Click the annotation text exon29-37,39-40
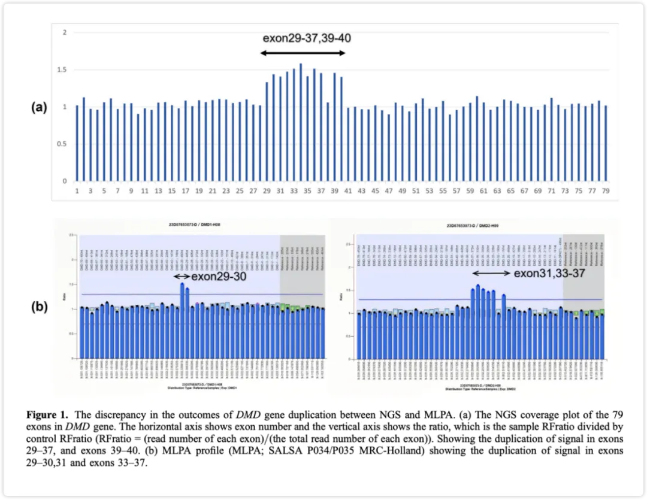[x=307, y=38]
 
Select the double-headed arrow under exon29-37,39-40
[x=303, y=53]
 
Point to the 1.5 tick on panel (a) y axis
[x=62, y=70]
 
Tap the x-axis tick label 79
[x=606, y=191]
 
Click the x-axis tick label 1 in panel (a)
[x=77, y=191]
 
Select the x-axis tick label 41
[x=348, y=191]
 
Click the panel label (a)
[x=39, y=108]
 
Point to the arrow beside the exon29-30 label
[x=182, y=277]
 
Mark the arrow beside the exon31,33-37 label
[x=492, y=273]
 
